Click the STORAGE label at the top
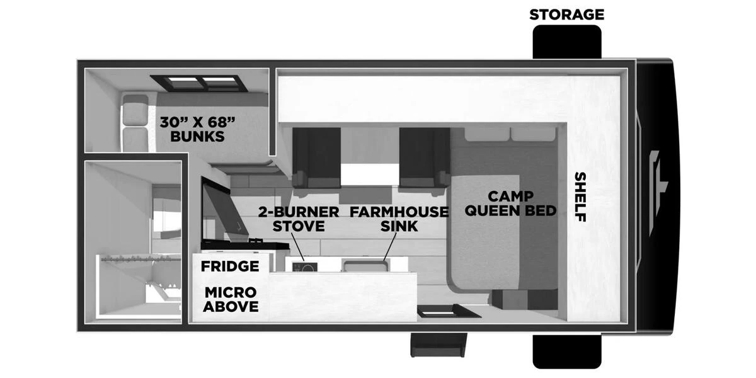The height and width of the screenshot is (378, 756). pyautogui.click(x=566, y=14)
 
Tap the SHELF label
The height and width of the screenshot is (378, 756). pyautogui.click(x=580, y=197)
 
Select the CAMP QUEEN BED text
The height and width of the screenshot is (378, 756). pyautogui.click(x=511, y=203)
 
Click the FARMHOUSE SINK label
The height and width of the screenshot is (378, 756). pyautogui.click(x=399, y=219)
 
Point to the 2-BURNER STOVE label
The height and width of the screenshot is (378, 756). pyautogui.click(x=299, y=219)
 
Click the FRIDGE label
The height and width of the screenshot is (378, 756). pyautogui.click(x=230, y=266)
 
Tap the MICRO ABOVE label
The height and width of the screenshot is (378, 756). pyautogui.click(x=231, y=299)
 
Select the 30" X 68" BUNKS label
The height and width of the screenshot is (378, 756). pyautogui.click(x=197, y=129)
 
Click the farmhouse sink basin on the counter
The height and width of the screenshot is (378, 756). pyautogui.click(x=365, y=265)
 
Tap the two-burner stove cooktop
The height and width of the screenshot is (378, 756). pyautogui.click(x=305, y=266)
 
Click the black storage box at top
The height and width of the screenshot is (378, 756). pyautogui.click(x=567, y=42)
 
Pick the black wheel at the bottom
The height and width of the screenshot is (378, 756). pyautogui.click(x=567, y=351)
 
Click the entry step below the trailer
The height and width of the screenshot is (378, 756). pyautogui.click(x=438, y=345)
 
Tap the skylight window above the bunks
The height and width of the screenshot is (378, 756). pyautogui.click(x=199, y=83)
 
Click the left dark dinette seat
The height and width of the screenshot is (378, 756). pyautogui.click(x=316, y=157)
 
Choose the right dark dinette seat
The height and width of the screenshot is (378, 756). pyautogui.click(x=424, y=157)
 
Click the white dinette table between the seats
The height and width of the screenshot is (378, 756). pyautogui.click(x=370, y=175)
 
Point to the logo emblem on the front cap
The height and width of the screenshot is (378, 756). pyautogui.click(x=657, y=192)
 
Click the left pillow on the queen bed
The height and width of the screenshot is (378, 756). pyautogui.click(x=487, y=134)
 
